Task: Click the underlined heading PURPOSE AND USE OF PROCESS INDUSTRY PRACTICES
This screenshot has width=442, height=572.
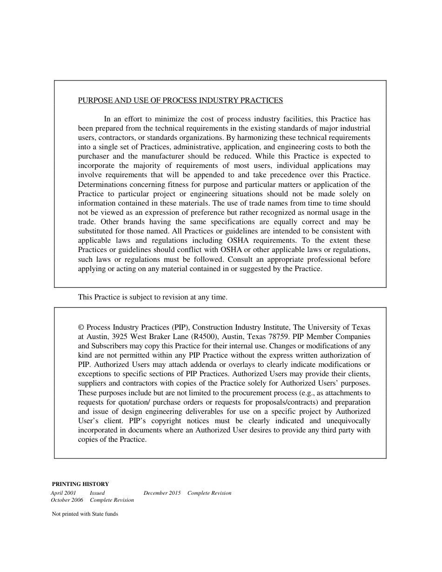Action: pos(180,100)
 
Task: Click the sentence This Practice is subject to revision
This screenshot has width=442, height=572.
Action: pos(153,297)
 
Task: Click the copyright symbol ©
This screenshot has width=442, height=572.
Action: pos(81,327)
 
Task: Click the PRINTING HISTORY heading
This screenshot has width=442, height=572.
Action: pos(80,484)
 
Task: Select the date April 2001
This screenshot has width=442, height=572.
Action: pos(63,493)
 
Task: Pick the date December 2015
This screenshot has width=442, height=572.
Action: pos(162,493)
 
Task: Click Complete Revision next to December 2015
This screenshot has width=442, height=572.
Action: pos(209,493)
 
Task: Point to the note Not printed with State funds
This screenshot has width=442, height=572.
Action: pos(85,514)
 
